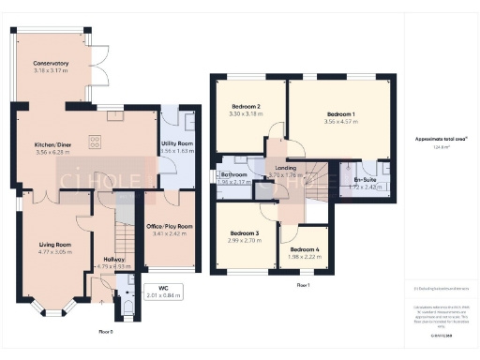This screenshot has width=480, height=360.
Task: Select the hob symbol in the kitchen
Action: tap(95, 142)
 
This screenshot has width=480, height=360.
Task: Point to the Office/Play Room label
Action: tap(169, 226)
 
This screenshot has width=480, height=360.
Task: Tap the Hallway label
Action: tap(115, 259)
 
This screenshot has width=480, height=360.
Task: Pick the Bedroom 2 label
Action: tap(244, 108)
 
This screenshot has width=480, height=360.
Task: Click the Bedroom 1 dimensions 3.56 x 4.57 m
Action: tap(340, 121)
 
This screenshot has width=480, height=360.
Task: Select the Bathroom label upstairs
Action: tap(233, 175)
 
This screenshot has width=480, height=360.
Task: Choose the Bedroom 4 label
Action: tap(304, 249)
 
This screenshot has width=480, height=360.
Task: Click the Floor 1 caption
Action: tap(303, 283)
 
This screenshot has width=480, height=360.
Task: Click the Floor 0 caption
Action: tap(105, 331)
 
